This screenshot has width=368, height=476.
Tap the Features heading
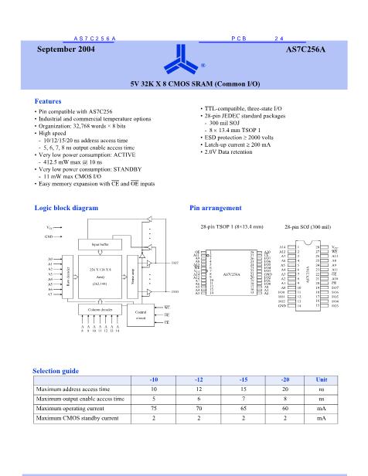coord(48,102)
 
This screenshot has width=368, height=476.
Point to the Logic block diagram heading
coord(66,208)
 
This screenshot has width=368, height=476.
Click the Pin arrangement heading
coord(215,208)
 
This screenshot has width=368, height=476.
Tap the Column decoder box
coord(98,310)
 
